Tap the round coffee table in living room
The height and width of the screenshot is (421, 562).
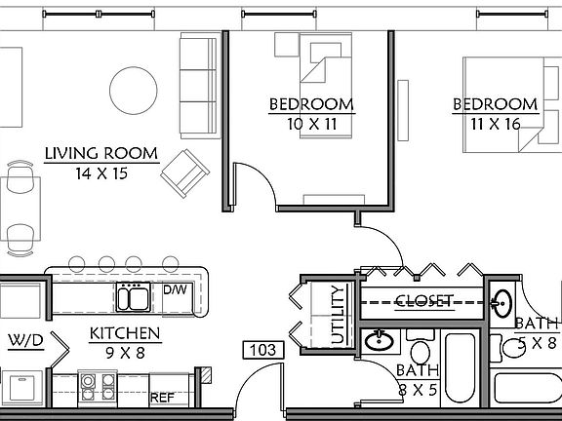click(x=132, y=91)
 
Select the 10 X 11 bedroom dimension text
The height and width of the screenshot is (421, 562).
click(x=311, y=123)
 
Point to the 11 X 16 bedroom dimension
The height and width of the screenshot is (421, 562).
click(x=493, y=123)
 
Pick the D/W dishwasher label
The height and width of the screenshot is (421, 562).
click(x=175, y=289)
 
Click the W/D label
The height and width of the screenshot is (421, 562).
click(x=26, y=340)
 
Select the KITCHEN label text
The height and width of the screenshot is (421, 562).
click(x=125, y=334)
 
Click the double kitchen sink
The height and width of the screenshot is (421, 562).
click(x=133, y=295)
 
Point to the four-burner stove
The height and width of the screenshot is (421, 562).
click(x=97, y=389)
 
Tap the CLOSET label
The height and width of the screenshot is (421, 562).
click(x=424, y=301)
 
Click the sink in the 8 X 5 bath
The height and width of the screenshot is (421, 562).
click(x=379, y=341)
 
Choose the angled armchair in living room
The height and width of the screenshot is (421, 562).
click(x=185, y=172)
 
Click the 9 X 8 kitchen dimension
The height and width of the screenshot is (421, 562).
click(x=125, y=353)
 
